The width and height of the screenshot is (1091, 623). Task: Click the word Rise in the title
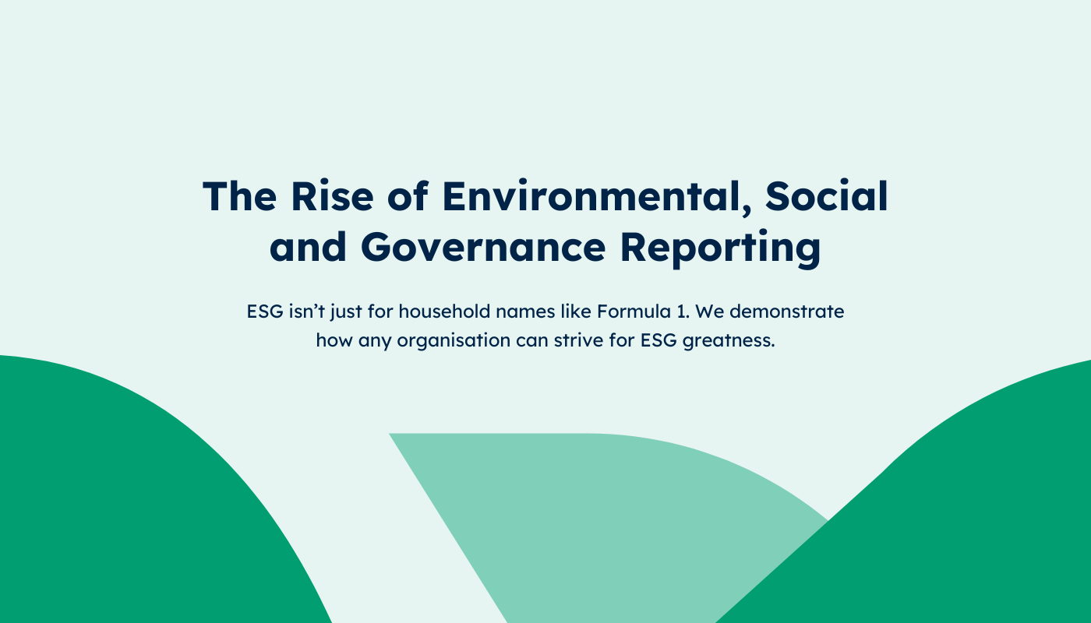click(332, 196)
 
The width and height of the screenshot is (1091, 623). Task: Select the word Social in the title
click(827, 195)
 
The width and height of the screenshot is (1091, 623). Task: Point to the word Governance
click(483, 247)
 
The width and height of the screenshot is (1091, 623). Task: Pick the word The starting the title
click(240, 196)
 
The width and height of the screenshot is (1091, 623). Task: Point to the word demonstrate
click(786, 311)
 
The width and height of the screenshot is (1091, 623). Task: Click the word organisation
click(454, 341)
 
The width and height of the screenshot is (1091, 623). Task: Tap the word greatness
click(728, 341)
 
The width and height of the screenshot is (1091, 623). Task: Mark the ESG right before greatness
click(658, 340)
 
